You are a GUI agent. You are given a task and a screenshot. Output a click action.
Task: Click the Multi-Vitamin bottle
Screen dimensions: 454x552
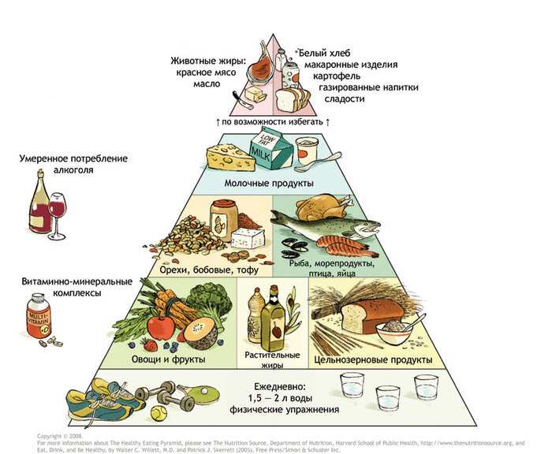click(x=37, y=315)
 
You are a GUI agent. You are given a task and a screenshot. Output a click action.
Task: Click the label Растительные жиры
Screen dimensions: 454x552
click(x=274, y=360)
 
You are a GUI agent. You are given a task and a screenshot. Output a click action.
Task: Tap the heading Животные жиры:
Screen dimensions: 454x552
click(x=208, y=60)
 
